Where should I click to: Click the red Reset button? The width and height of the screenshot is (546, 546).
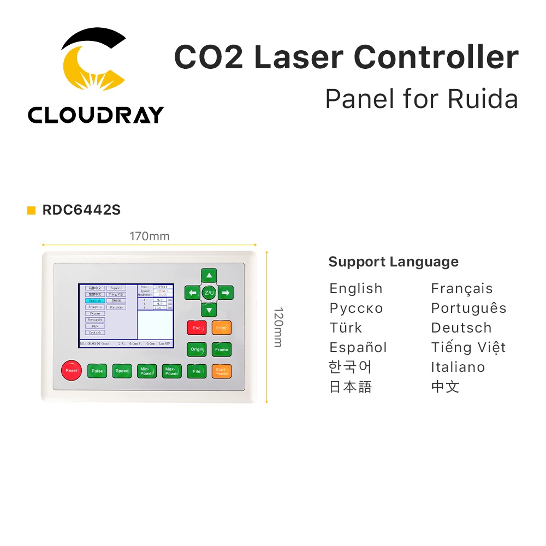[x=71, y=371]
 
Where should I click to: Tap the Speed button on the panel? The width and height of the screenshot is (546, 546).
[x=122, y=371]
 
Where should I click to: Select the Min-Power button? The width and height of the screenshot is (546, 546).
[x=147, y=371]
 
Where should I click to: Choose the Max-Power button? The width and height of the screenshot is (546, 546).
[x=172, y=371]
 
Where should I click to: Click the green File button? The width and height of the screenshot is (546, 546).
[x=197, y=371]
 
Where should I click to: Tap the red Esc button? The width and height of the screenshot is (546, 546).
[x=197, y=328]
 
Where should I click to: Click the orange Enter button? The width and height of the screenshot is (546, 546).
[x=222, y=328]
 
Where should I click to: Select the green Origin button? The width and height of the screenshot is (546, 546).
[x=197, y=349]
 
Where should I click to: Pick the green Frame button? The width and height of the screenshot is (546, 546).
[x=222, y=349]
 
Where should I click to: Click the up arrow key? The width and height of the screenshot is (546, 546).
[x=209, y=276]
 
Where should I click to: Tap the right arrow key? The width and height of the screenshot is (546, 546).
[x=226, y=293]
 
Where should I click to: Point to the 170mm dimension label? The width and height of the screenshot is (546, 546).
[x=149, y=236]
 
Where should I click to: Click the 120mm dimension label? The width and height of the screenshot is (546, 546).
[x=277, y=328]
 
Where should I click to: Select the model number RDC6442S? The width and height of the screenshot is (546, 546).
[x=81, y=210]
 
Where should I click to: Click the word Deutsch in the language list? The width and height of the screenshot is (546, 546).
[x=461, y=328]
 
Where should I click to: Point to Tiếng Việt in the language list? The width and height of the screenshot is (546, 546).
[x=468, y=348]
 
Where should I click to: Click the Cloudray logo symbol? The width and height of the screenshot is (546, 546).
[x=94, y=59]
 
